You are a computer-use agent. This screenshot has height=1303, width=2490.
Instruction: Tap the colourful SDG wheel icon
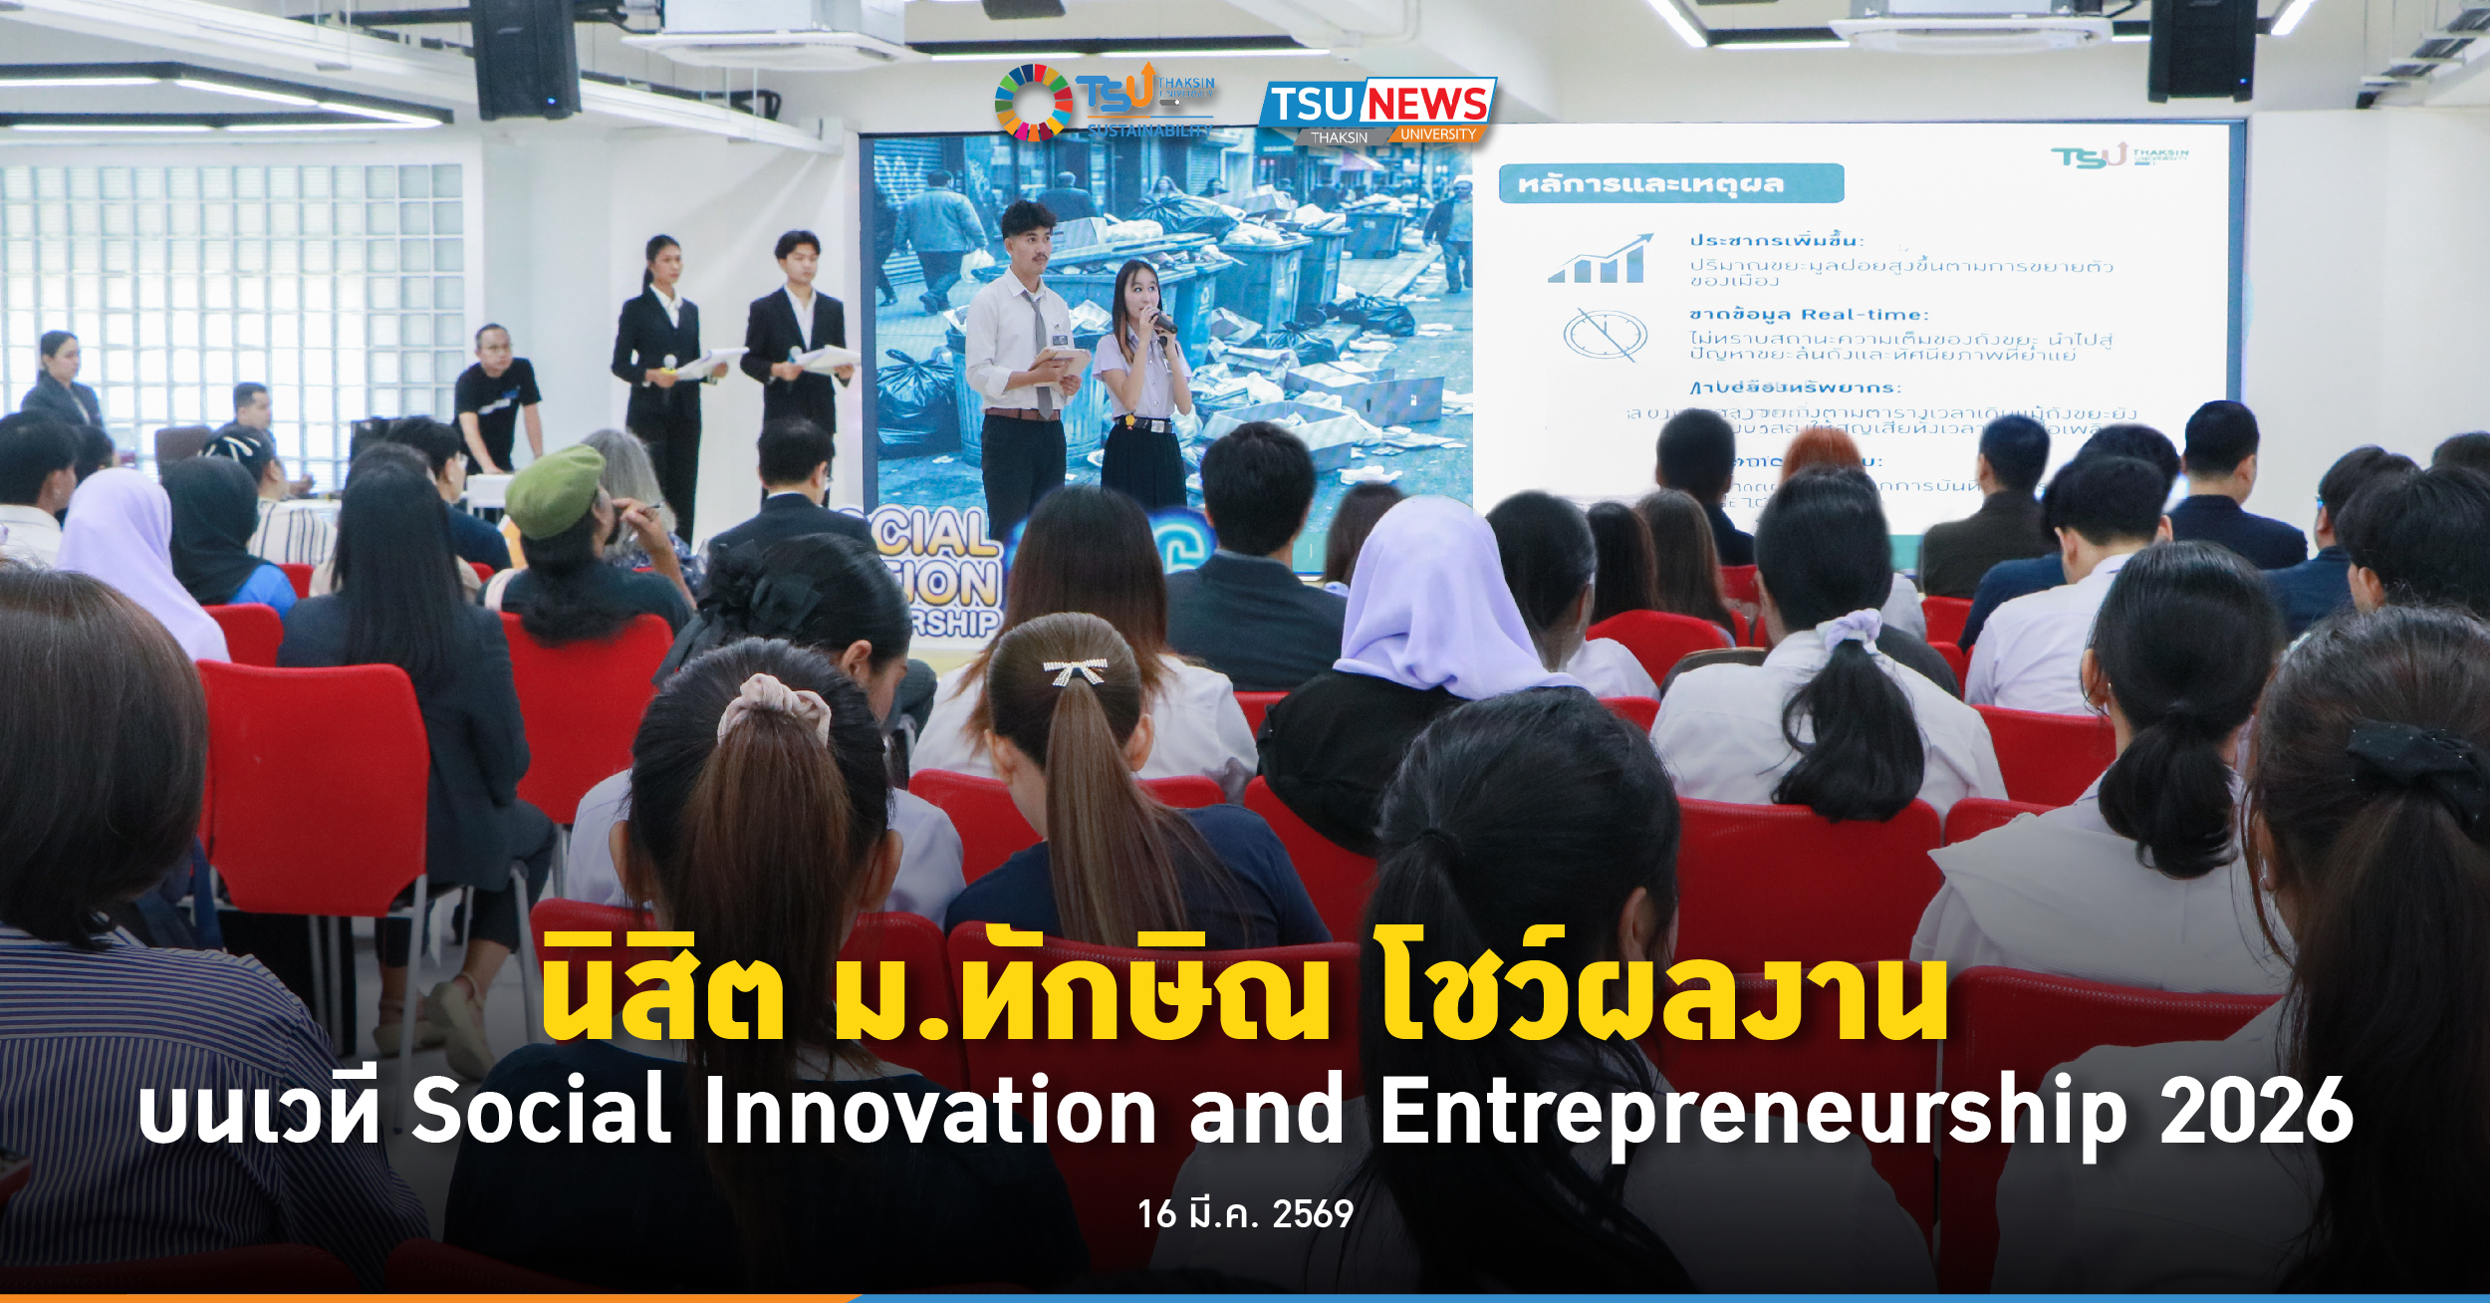(x=1033, y=103)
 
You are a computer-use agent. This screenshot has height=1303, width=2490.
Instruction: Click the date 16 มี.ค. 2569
(x=1245, y=1214)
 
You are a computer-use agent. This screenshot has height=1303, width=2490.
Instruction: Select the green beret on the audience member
(x=554, y=490)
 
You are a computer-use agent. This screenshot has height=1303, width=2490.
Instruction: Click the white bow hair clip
(x=1074, y=670)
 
